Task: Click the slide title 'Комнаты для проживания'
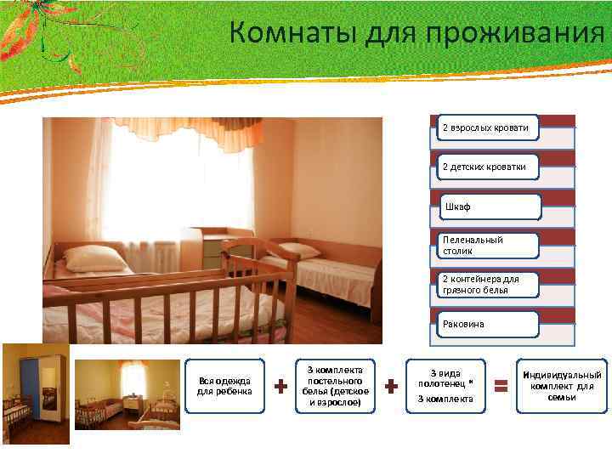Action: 416,33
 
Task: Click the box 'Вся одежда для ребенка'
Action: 224,386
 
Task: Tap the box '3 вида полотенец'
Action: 445,386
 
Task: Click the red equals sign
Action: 501,387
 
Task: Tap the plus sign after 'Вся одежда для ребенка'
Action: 280,387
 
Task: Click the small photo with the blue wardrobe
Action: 35,394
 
